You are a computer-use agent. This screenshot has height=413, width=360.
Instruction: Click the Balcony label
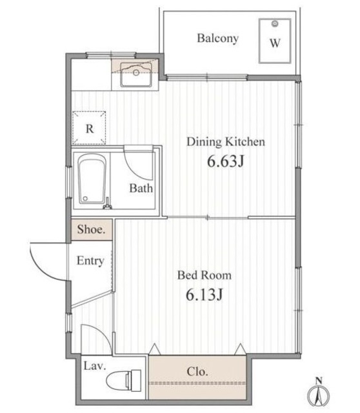(x=218, y=39)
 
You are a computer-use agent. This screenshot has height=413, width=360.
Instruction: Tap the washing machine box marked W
(x=275, y=41)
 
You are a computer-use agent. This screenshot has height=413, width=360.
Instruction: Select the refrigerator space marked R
(x=89, y=128)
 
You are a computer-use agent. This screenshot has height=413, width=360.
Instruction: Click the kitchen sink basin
(x=136, y=75)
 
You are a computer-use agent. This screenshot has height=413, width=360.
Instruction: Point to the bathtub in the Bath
(x=92, y=179)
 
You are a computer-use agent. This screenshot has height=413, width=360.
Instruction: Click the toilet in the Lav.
(x=124, y=380)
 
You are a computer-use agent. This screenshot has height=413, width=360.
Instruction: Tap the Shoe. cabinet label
(x=92, y=230)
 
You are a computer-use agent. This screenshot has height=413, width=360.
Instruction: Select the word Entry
(x=90, y=261)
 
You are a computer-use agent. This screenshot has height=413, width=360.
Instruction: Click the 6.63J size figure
(x=226, y=161)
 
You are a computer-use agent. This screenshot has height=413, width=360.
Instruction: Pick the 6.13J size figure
(x=205, y=294)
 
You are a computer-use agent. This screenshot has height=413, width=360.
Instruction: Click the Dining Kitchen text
(x=226, y=142)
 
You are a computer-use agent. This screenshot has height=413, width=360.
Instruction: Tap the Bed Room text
(x=205, y=276)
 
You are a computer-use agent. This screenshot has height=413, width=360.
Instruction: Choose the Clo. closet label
(x=197, y=372)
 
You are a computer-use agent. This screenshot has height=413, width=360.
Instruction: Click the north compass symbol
(x=319, y=392)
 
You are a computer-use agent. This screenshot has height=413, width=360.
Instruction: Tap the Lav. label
(x=95, y=366)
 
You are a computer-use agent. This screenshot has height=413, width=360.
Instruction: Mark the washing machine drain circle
(x=275, y=24)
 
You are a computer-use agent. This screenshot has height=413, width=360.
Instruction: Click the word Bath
(x=141, y=188)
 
